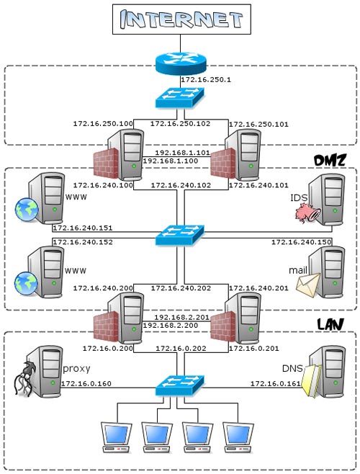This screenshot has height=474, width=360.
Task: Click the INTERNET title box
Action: (x=181, y=19)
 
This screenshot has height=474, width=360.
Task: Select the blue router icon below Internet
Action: (x=181, y=63)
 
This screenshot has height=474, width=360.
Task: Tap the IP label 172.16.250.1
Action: (x=205, y=80)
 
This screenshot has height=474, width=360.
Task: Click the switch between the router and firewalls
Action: (x=180, y=97)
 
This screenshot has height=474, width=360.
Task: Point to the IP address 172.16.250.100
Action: (x=103, y=124)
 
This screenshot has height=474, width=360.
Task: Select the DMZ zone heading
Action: (x=330, y=161)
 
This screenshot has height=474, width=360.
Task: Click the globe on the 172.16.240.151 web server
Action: (x=27, y=209)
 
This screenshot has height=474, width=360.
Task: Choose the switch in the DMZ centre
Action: (x=180, y=235)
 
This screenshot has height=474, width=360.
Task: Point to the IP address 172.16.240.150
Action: (x=302, y=242)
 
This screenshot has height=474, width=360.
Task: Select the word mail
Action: (x=298, y=270)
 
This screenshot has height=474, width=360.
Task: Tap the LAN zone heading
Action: (x=330, y=324)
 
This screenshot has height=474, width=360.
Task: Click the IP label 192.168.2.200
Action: (x=171, y=326)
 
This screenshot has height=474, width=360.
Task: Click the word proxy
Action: (x=76, y=369)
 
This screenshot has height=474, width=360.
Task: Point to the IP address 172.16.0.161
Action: (x=276, y=384)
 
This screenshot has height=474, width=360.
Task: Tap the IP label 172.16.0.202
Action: (x=181, y=349)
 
